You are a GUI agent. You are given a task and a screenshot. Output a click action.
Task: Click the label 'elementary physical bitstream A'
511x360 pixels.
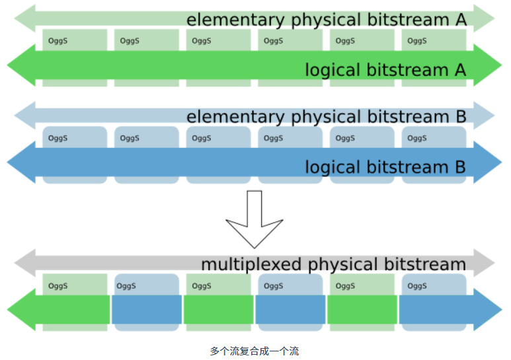[x=327, y=20]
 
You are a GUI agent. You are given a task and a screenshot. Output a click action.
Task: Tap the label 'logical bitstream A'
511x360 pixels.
[x=385, y=70]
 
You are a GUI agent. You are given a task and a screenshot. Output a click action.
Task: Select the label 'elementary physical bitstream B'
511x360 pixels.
[x=327, y=117]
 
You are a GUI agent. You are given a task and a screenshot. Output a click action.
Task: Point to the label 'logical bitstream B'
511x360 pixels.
[x=385, y=167]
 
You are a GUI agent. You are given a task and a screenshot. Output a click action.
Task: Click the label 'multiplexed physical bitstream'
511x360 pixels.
[x=333, y=264]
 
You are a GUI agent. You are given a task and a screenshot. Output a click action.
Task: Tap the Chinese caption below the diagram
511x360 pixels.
[x=255, y=351]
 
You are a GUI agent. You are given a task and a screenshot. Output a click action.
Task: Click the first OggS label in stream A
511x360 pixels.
[x=58, y=41]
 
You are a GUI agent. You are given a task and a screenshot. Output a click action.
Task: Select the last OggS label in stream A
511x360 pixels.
[x=417, y=41]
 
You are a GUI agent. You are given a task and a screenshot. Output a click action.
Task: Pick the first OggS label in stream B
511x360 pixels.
[x=58, y=138]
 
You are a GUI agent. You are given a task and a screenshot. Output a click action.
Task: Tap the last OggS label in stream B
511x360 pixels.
[x=417, y=138]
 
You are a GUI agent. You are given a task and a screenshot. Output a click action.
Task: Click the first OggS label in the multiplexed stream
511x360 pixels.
[x=58, y=286]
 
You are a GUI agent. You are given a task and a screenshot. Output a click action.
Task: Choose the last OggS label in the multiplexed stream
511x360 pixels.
[x=417, y=286]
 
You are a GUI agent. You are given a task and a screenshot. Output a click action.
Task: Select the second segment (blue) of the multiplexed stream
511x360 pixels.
[x=146, y=310]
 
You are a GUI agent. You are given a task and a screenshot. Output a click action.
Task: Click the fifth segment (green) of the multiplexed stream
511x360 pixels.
[x=362, y=310]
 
